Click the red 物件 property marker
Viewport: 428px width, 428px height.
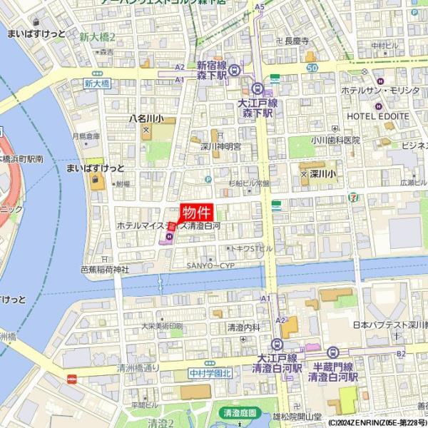[195, 213]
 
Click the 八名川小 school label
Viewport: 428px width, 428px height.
[146, 119]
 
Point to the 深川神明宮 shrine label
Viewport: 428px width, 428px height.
[220, 147]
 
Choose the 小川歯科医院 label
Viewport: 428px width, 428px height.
[335, 141]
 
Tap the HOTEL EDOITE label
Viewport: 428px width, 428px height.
[377, 116]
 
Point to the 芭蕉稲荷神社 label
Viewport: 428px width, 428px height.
[104, 270]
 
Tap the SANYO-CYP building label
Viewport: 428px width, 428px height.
[210, 265]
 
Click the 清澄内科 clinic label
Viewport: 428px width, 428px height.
[243, 327]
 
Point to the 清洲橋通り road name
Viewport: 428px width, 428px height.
[138, 368]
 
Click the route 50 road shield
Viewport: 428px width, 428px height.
[312, 67]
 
